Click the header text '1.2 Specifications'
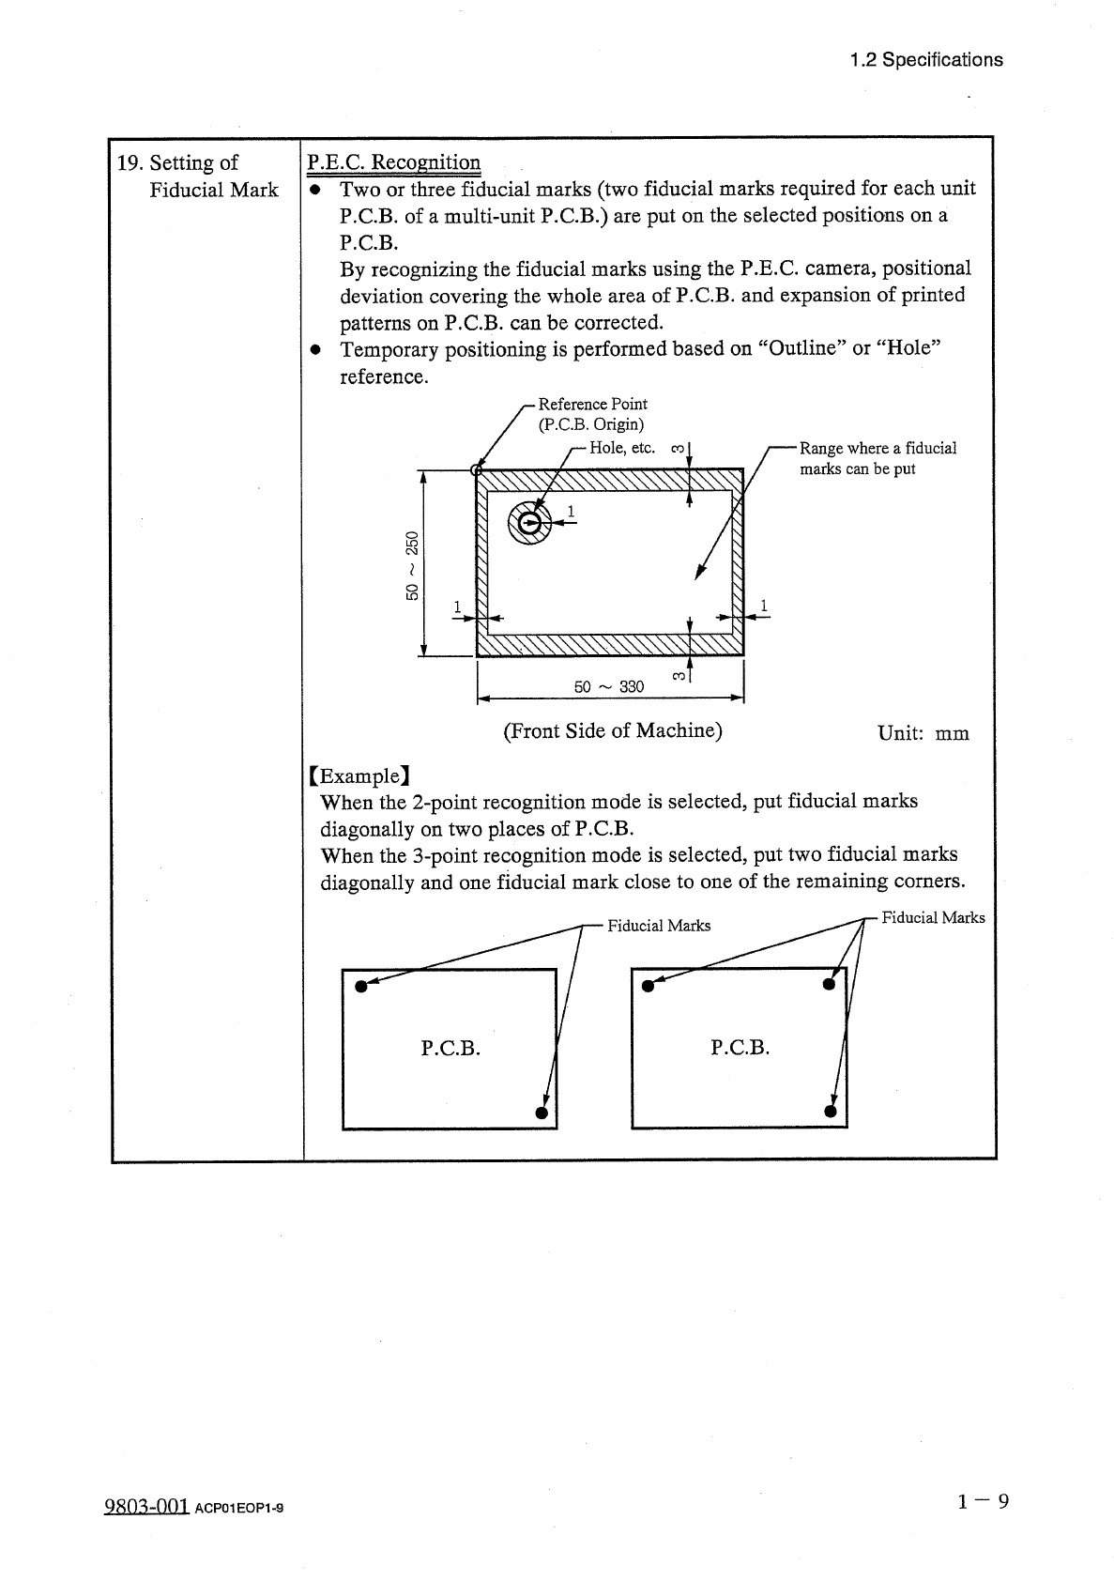(925, 60)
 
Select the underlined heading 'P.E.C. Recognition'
(394, 162)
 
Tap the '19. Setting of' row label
(177, 162)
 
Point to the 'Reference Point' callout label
(592, 404)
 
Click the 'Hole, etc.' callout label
(621, 448)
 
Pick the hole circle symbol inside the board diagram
(529, 525)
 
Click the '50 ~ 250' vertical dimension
(412, 565)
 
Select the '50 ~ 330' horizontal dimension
(609, 686)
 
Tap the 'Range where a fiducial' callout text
(877, 448)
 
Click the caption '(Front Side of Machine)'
(613, 730)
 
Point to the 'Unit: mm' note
(923, 733)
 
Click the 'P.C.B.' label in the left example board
(450, 1048)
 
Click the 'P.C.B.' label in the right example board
(740, 1048)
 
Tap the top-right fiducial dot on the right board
(828, 984)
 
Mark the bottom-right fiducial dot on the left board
(542, 1113)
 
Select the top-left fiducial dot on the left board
(360, 985)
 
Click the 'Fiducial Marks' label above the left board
(659, 926)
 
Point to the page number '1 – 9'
(983, 1502)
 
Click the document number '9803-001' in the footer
(146, 1507)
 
